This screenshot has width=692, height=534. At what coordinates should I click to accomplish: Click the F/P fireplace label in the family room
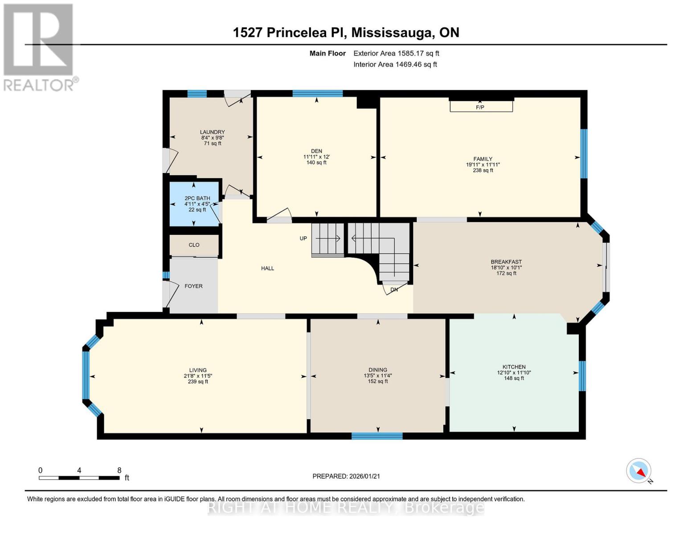(480, 107)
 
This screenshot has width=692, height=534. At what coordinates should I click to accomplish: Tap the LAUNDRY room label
(212, 132)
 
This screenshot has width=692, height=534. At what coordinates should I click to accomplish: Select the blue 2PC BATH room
(195, 203)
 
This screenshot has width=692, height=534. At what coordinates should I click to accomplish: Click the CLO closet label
(194, 245)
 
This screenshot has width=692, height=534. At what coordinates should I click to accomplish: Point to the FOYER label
(193, 286)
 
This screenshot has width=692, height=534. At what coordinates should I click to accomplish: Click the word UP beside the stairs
(303, 239)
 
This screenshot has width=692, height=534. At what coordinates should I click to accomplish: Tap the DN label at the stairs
(394, 290)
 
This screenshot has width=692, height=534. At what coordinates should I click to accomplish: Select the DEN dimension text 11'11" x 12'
(316, 157)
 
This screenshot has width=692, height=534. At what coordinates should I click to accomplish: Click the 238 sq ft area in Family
(483, 170)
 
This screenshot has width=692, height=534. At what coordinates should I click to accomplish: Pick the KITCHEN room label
(514, 367)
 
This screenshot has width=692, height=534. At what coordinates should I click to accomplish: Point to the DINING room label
(378, 370)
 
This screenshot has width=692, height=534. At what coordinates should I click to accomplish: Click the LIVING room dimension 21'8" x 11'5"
(198, 376)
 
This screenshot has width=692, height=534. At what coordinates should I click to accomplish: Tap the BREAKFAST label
(506, 262)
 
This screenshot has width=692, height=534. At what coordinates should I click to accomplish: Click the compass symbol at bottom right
(639, 471)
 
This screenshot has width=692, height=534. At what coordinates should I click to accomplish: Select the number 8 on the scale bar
(119, 470)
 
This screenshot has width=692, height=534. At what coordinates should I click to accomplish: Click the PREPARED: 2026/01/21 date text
(346, 476)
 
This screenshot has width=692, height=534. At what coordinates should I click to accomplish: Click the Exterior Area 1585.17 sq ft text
(396, 53)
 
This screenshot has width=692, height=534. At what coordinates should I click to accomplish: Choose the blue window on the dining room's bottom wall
(377, 436)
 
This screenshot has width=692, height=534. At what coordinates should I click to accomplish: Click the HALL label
(268, 268)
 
